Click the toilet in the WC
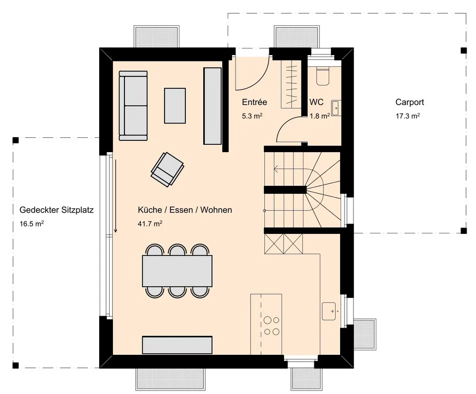pos(323,76)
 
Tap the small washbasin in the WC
pos(336,108)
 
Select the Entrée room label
pos(254,102)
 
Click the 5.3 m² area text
pos(252,115)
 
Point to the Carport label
pos(410,102)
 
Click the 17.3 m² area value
pos(408,115)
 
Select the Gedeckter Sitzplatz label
pos(57,210)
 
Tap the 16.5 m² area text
pos(32,224)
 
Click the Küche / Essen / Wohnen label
pos(185,210)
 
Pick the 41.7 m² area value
pos(150,224)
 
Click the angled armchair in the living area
pos(167,169)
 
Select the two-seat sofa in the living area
pos(133,106)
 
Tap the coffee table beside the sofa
pos(175,106)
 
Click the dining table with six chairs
pos(178,271)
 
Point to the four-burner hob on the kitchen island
pos(271,326)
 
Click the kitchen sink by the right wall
pos(329,311)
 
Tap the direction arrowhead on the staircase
pos(276,169)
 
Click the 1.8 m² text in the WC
pos(320,115)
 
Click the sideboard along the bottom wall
pos(178,345)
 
